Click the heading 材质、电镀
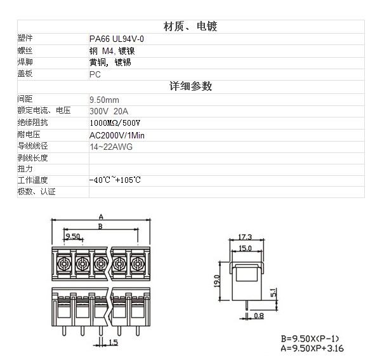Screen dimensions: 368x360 (x=190, y=26)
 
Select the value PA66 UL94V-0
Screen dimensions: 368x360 (x=117, y=39)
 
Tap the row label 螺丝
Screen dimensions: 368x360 (x=25, y=51)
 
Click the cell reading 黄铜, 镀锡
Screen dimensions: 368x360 (x=110, y=62)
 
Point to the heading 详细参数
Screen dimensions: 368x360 (x=190, y=86)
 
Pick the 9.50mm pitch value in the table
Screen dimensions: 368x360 (x=104, y=100)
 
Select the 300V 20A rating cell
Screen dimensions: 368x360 (x=109, y=111)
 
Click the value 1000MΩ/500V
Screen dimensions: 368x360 (x=115, y=123)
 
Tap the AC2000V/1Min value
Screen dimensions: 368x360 (x=117, y=135)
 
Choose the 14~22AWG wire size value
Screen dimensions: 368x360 (x=111, y=147)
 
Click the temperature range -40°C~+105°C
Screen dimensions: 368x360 (x=115, y=180)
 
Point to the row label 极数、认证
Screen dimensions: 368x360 (x=36, y=192)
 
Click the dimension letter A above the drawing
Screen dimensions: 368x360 (x=101, y=217)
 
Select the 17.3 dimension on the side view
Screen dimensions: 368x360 (x=246, y=237)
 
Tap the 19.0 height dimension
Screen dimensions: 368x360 (x=217, y=281)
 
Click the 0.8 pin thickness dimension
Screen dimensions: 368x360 (x=259, y=316)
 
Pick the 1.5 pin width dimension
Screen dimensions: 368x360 (x=113, y=342)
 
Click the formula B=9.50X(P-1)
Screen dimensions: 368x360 (x=310, y=338)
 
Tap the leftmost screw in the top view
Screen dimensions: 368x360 (x=64, y=263)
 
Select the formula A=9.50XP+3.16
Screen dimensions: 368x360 (x=312, y=349)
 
